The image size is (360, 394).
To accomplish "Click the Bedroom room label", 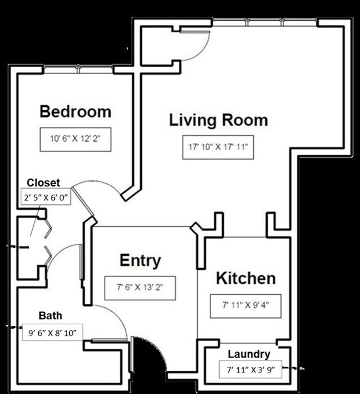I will (75, 111).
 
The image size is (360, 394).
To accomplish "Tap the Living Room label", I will (218, 120).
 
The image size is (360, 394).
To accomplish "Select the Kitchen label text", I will (245, 278).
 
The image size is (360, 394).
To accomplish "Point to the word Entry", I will (141, 260).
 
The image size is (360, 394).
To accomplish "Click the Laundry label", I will (249, 354).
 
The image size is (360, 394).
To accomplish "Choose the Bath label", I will (50, 316).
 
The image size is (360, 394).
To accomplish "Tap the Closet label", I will (43, 183).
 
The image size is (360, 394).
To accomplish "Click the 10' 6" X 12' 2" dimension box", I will (76, 141).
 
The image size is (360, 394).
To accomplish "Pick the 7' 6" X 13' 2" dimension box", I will (141, 287).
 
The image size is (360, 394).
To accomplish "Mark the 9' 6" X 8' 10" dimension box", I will (52, 332).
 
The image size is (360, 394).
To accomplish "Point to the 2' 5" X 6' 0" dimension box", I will (47, 197).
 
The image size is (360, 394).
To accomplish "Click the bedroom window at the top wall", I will (79, 69).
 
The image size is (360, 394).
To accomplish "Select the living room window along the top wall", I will (265, 23).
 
